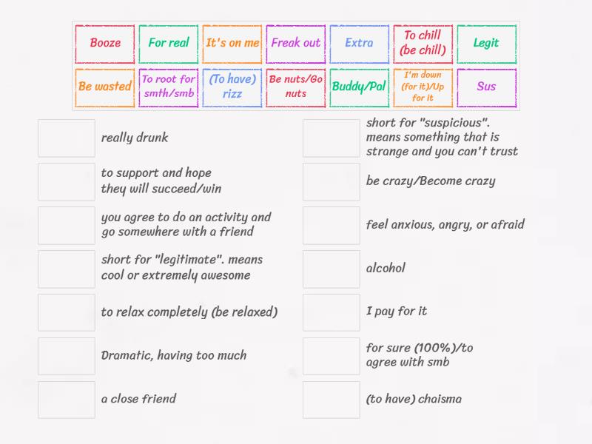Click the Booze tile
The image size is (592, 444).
pyautogui.click(x=105, y=43)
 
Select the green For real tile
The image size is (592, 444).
pyautogui.click(x=169, y=43)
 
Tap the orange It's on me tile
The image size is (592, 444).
pyautogui.click(x=232, y=43)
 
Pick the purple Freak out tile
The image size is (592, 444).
pyautogui.click(x=296, y=43)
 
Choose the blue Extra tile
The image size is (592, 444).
pyautogui.click(x=359, y=43)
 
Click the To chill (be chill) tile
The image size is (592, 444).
pyautogui.click(x=423, y=43)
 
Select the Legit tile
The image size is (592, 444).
pyautogui.click(x=486, y=43)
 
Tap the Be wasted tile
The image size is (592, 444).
pyautogui.click(x=105, y=87)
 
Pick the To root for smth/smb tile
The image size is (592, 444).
pyautogui.click(x=169, y=87)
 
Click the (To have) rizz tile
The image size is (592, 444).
pyautogui.click(x=232, y=87)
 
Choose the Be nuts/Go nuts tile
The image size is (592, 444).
pyautogui.click(x=296, y=87)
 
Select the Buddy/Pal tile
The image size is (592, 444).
pyautogui.click(x=359, y=87)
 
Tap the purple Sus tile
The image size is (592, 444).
pyautogui.click(x=486, y=87)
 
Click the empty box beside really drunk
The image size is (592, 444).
pyautogui.click(x=67, y=138)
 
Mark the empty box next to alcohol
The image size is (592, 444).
pyautogui.click(x=332, y=269)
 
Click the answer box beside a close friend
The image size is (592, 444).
pyautogui.click(x=67, y=400)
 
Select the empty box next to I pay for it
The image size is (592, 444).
pyautogui.click(x=332, y=312)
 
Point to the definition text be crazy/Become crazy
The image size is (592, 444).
pyautogui.click(x=431, y=181)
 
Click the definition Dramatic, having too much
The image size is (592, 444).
pyautogui.click(x=174, y=356)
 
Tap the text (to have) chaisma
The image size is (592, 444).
pyautogui.click(x=414, y=400)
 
